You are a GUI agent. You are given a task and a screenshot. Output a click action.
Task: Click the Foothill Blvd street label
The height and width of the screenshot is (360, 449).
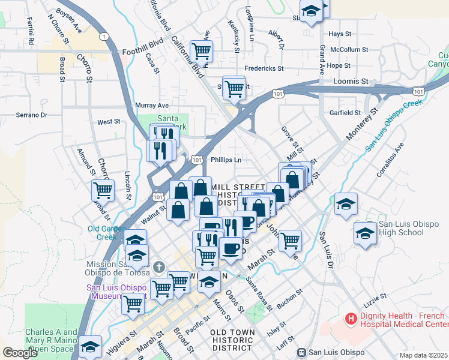(x=142, y=52)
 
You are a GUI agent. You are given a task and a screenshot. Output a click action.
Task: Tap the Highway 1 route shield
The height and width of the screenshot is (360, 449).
(x=105, y=37)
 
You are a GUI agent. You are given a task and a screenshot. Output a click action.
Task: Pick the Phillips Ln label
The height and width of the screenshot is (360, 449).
(x=226, y=160)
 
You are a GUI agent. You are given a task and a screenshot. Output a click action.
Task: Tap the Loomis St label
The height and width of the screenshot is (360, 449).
(x=352, y=81)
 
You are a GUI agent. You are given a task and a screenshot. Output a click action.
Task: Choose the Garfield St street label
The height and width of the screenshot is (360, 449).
(x=345, y=112)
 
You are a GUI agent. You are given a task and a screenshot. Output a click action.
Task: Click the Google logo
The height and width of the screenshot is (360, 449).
(x=20, y=352)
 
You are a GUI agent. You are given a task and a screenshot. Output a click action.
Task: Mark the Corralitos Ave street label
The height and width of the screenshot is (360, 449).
(x=398, y=157)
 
